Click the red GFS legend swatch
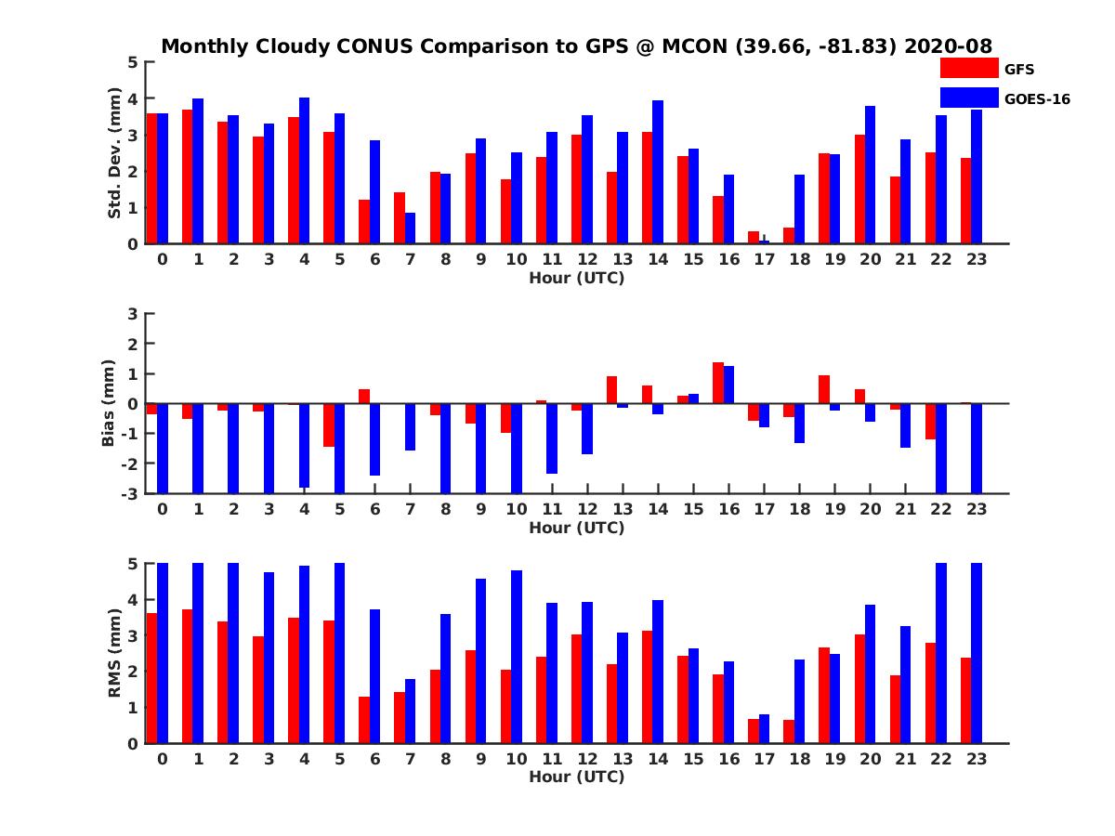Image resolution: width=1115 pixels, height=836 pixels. click(x=968, y=68)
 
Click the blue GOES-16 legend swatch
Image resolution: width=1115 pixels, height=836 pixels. click(x=968, y=98)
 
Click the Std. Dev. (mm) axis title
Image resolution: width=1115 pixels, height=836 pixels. click(x=115, y=153)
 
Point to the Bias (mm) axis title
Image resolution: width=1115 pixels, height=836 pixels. click(x=109, y=404)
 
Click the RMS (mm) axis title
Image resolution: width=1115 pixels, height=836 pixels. click(x=115, y=654)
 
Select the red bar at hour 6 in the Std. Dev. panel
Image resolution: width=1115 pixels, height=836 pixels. click(x=364, y=222)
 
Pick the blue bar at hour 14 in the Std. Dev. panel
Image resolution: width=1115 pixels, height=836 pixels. click(x=658, y=173)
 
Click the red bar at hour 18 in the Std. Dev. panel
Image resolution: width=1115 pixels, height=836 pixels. click(x=788, y=236)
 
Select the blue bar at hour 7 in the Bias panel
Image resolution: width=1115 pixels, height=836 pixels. click(x=411, y=427)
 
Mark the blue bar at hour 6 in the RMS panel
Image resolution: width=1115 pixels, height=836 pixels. click(x=375, y=676)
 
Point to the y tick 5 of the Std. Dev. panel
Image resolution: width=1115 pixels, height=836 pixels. click(x=134, y=62)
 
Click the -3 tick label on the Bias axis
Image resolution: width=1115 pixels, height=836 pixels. click(x=129, y=494)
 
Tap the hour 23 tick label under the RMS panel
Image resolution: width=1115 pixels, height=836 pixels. click(x=976, y=758)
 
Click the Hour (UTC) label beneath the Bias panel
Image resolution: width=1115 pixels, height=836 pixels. click(x=576, y=528)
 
